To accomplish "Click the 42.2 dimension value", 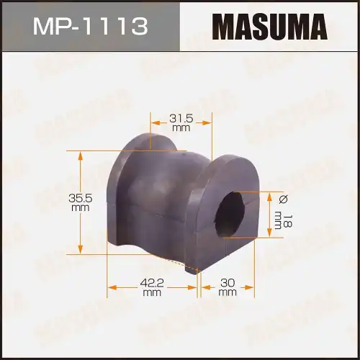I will [x=151, y=283].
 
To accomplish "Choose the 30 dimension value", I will [x=228, y=283].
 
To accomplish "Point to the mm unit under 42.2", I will [x=151, y=292].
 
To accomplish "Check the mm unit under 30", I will [x=228, y=292].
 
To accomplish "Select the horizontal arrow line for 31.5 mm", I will [x=162, y=122].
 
